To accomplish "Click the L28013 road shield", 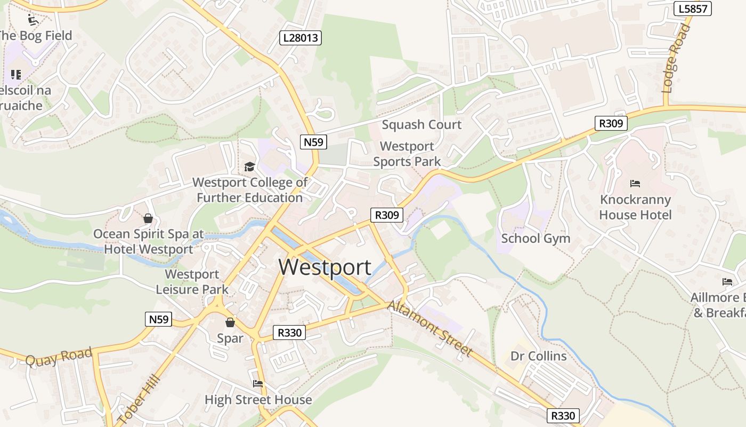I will click(301, 37).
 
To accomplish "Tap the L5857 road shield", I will click(693, 9).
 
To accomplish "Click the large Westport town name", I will click(325, 267).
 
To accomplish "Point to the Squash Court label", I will click(421, 125).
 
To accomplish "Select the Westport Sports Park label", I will click(407, 154).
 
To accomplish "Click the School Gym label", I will click(536, 239).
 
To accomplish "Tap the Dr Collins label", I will click(538, 356).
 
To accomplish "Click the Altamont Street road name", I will click(430, 328).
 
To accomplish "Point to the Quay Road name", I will click(59, 356).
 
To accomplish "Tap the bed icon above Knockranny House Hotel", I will click(635, 184).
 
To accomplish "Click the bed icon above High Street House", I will click(258, 383).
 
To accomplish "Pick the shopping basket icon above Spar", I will click(230, 322).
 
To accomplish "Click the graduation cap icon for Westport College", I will click(249, 167).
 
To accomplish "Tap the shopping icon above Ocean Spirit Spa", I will click(148, 218).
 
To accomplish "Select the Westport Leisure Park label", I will click(192, 282).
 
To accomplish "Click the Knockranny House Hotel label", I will click(635, 207).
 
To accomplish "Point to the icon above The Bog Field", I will click(33, 20).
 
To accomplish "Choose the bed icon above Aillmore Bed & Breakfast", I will click(727, 281).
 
